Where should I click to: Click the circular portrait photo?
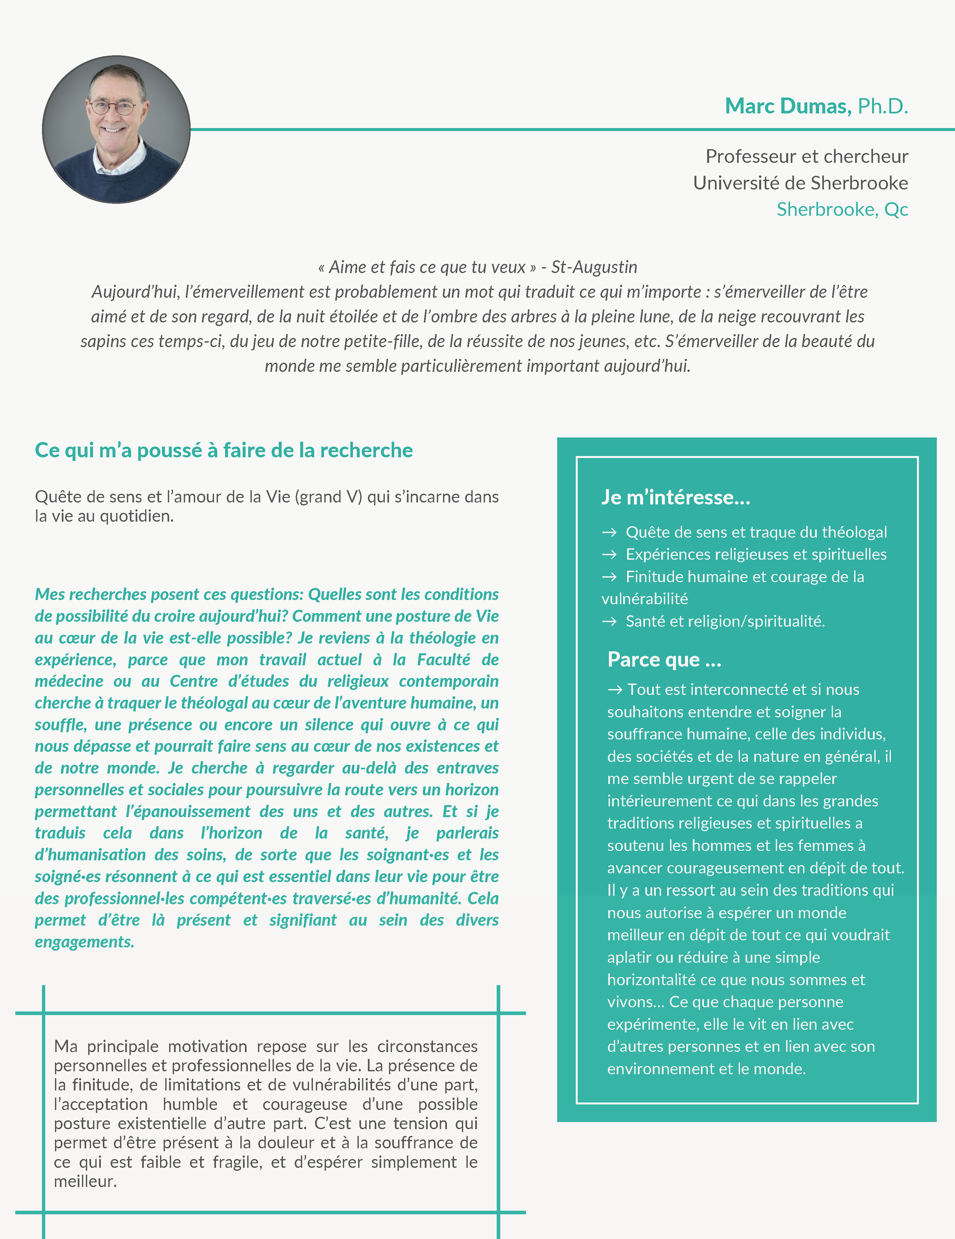coord(116,129)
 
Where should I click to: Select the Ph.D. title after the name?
coord(882,106)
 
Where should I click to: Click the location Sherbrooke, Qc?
coord(842,209)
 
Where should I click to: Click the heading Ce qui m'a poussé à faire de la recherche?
coord(224,450)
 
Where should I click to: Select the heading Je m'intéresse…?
coord(676,497)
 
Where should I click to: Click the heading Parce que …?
coord(664,659)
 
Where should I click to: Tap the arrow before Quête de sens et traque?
coord(609,532)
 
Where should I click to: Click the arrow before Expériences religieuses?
coord(609,554)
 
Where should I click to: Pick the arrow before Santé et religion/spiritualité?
coord(609,621)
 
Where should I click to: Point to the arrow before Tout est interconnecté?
coord(615,689)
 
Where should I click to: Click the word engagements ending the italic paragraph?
coord(85,942)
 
